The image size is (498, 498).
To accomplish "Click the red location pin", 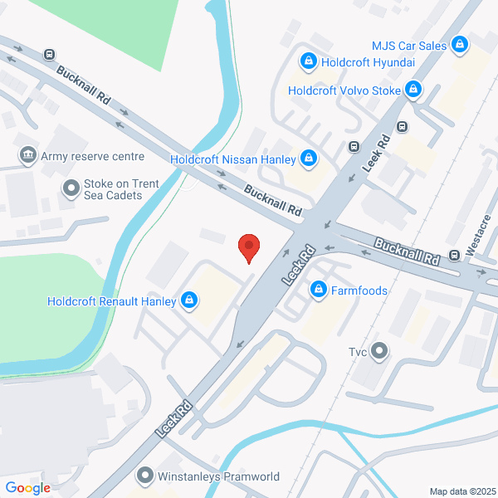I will click(249, 247).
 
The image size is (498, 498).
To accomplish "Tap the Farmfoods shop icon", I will click(318, 290).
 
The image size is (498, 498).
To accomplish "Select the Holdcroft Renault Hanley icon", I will click(190, 300).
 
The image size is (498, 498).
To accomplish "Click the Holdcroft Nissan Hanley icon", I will click(309, 158).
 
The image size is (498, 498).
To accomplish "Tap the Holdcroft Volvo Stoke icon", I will click(413, 90).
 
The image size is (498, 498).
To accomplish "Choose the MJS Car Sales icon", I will click(459, 45).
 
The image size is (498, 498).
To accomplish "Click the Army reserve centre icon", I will click(28, 156).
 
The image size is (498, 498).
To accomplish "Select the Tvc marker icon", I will click(380, 350).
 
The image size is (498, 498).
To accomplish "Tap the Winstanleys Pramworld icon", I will click(145, 476).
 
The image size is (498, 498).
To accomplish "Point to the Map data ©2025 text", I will click(461, 491).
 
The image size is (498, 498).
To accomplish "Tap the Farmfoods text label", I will click(360, 290).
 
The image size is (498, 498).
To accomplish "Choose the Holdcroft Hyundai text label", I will click(368, 61).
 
